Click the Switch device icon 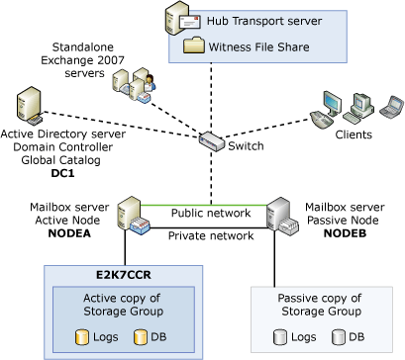point(211,139)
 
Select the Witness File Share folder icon point(191,44)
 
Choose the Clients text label point(353,135)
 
